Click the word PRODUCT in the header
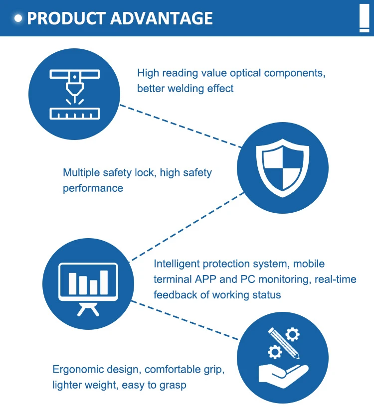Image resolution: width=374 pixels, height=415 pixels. (66, 18)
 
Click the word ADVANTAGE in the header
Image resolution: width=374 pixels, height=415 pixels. (161, 18)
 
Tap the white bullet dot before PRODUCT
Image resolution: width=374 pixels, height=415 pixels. (18, 18)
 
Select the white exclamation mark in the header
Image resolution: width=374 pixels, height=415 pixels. (364, 18)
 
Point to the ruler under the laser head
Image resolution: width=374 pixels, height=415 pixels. (75, 114)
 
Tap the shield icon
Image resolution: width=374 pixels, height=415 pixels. (283, 168)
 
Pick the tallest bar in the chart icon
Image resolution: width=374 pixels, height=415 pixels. (104, 282)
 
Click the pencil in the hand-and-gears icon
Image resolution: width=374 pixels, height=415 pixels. (284, 343)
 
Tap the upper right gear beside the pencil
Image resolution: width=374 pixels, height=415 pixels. (292, 334)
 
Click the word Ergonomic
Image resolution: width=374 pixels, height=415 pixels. (79, 370)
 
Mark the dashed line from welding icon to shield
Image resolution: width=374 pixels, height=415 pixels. (181, 126)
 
